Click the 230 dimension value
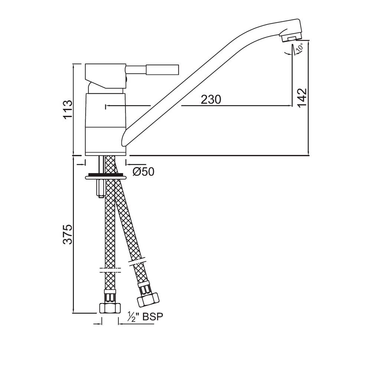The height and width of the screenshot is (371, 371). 211,99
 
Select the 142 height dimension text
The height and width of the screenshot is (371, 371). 302,98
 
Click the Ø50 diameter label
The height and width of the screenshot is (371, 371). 143,172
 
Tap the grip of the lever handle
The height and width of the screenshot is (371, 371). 163,70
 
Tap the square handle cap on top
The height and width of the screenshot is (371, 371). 105,74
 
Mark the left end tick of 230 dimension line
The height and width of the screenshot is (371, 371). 106,106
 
